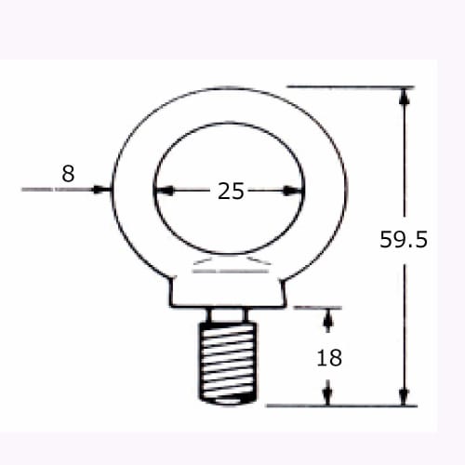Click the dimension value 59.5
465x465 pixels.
403,240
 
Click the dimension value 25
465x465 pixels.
231,192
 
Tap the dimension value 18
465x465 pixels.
329,357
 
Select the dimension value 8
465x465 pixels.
67,172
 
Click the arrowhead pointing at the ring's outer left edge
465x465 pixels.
102,190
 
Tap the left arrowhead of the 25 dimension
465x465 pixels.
163,191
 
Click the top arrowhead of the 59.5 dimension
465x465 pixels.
404,96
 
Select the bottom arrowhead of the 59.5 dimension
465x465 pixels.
404,396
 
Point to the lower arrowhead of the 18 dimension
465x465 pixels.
327,395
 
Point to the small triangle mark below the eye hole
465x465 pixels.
229,267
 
